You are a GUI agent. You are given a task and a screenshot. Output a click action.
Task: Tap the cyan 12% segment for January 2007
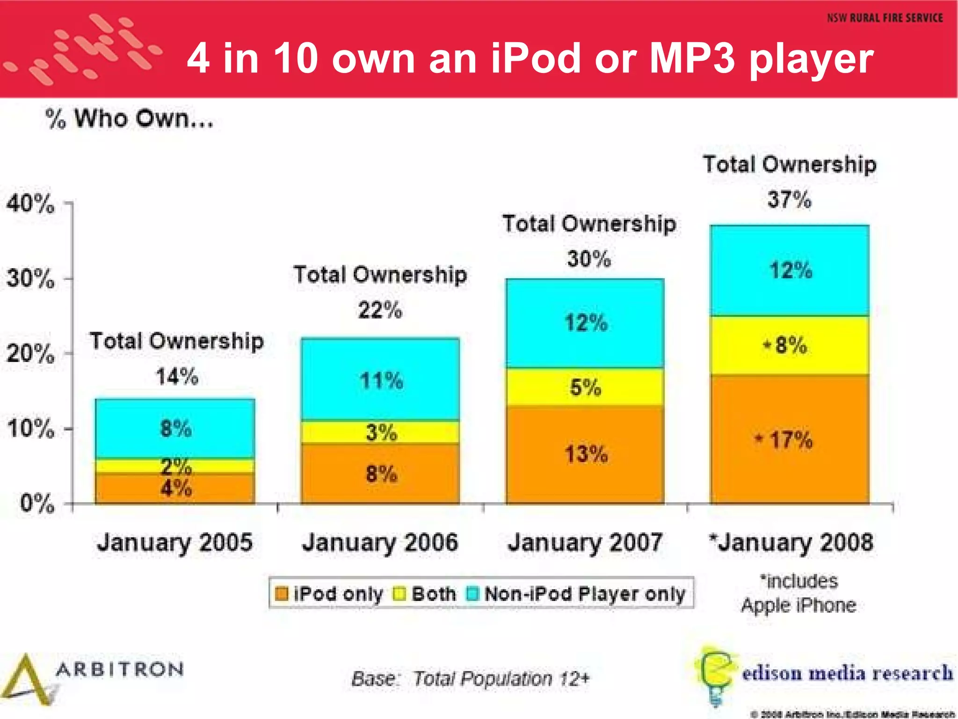point(585,323)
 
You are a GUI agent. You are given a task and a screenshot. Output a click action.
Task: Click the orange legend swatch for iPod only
point(282,594)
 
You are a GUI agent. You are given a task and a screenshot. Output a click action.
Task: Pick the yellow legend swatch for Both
point(400,594)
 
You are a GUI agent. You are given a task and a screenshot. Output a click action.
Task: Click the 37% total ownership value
point(789,200)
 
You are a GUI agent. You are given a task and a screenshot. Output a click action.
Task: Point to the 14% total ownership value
point(177,377)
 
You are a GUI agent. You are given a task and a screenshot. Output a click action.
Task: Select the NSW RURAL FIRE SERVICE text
point(885,18)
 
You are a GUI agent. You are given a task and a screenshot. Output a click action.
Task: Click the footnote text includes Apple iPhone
point(799,594)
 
